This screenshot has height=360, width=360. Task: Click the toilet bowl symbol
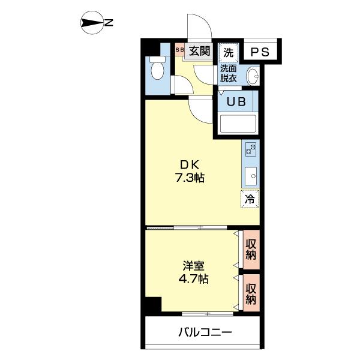tap(157, 68)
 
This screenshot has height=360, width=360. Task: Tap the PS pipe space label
tap(260, 52)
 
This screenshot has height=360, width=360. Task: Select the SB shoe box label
tap(179, 49)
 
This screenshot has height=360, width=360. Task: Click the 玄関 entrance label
tap(199, 51)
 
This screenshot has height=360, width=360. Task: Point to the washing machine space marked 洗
tap(229, 53)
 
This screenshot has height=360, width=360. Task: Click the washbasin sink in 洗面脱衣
tap(253, 76)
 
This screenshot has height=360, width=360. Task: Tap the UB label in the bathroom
tap(236, 101)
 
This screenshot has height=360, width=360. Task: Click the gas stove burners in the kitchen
tap(250, 149)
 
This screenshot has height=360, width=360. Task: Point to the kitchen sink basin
tap(250, 176)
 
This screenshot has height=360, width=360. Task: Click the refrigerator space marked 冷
tap(250, 199)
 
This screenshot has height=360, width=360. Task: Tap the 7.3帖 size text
tap(190, 178)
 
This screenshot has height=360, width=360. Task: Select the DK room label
tap(190, 164)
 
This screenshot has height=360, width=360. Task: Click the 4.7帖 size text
tap(194, 278)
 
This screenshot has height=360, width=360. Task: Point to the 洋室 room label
tap(193, 266)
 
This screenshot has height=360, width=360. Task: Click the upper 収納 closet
tap(251, 250)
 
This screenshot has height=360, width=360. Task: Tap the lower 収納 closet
tap(251, 293)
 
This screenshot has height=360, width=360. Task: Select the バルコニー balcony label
tap(205, 332)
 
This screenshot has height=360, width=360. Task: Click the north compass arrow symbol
tap(92, 23)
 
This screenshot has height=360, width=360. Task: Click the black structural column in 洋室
tap(154, 304)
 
